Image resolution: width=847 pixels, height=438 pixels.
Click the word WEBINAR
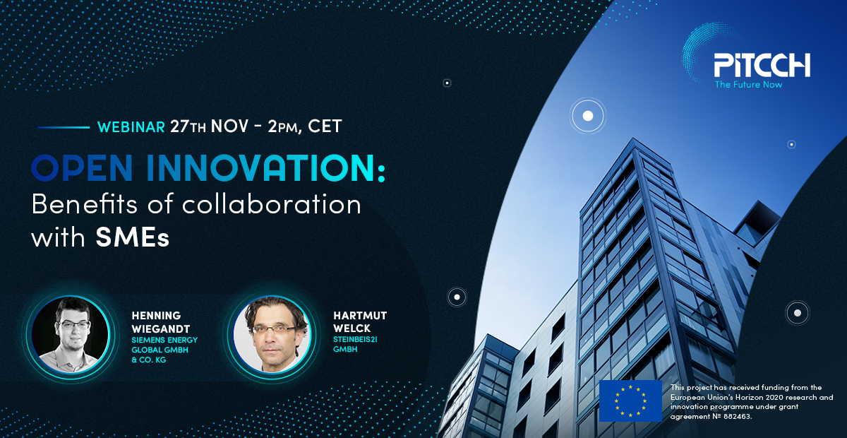click(x=131, y=127)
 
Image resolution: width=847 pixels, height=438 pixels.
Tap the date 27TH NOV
click(x=209, y=126)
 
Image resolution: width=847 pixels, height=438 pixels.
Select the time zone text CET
click(x=325, y=126)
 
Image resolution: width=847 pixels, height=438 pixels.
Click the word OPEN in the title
click(x=82, y=167)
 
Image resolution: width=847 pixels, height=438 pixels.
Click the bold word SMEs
click(x=133, y=238)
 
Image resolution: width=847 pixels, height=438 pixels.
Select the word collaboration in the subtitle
click(x=272, y=204)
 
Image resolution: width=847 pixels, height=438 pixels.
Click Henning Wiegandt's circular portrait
click(x=71, y=335)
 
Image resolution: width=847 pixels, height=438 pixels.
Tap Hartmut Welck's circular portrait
click(x=272, y=335)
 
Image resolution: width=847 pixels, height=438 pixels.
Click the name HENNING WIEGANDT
click(x=161, y=322)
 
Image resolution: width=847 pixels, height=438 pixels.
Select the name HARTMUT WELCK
click(x=360, y=321)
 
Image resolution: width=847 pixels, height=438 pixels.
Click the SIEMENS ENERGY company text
click(x=164, y=340)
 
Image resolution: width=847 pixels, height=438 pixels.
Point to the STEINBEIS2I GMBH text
click(x=355, y=344)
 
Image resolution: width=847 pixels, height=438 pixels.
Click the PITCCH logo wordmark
click(x=762, y=65)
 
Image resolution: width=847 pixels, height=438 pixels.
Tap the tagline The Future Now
click(x=748, y=85)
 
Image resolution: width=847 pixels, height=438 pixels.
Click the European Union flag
click(x=630, y=401)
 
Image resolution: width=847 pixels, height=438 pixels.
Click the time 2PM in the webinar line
click(x=283, y=127)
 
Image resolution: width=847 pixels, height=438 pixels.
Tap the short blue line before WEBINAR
click(x=64, y=128)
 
